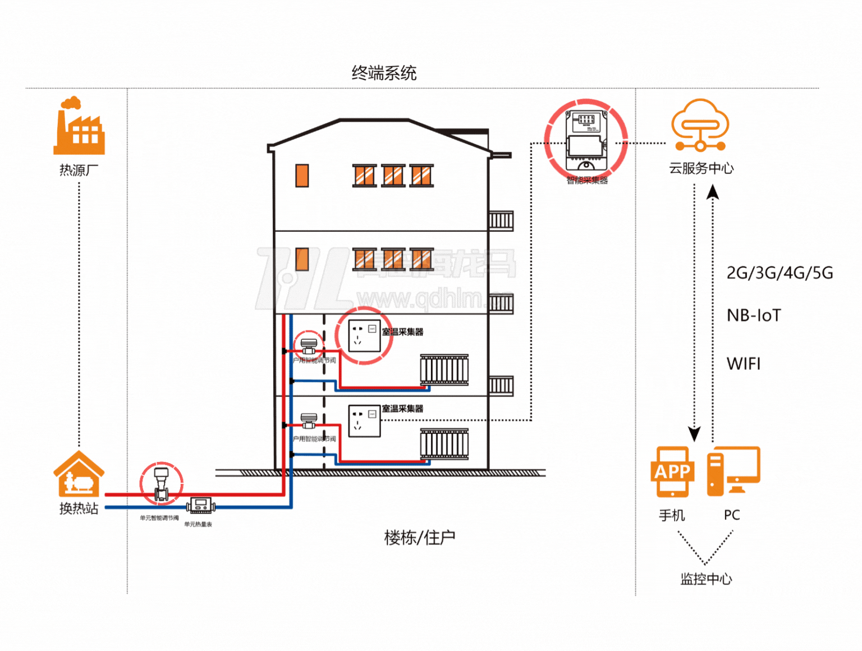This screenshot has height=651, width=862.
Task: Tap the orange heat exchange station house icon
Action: [x=79, y=474]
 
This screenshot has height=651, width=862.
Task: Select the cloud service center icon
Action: [x=700, y=126]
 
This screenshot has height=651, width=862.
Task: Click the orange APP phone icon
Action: [x=672, y=471]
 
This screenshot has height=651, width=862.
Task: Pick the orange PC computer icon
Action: [x=733, y=471]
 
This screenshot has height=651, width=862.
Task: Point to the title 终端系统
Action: [x=384, y=73]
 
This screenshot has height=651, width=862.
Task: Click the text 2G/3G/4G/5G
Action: [x=780, y=273]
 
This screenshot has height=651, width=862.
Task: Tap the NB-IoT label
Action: [x=754, y=315]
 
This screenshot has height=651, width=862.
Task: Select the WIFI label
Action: [x=744, y=364]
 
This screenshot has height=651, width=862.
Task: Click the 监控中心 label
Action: [x=706, y=579]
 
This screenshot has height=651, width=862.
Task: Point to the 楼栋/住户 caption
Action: [x=419, y=538]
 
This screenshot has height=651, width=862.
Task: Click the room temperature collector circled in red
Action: [x=364, y=336]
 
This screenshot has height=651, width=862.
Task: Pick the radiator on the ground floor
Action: [x=444, y=445]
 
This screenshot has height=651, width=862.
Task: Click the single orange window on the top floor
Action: [x=302, y=176]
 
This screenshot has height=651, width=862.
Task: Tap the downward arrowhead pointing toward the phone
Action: [x=695, y=433]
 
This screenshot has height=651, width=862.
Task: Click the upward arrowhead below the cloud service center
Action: [x=713, y=192]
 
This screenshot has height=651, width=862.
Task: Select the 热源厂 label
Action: [x=79, y=170]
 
